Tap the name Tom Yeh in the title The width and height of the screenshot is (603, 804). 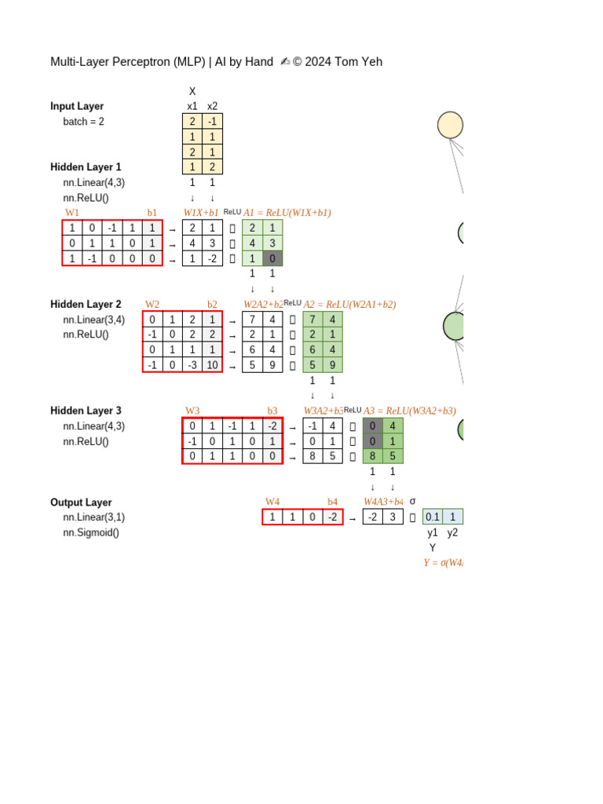click(x=358, y=62)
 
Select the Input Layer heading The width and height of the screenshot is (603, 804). click(x=77, y=106)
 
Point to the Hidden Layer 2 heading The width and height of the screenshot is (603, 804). click(x=86, y=304)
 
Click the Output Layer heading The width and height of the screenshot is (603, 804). click(x=81, y=502)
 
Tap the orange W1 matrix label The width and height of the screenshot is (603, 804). click(x=72, y=213)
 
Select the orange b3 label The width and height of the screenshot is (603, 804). click(x=272, y=411)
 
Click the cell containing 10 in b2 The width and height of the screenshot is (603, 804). click(x=212, y=365)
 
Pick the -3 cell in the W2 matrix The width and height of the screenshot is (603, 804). click(x=192, y=365)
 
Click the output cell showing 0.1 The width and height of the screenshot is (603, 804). click(x=433, y=517)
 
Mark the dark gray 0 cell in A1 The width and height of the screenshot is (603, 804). click(x=272, y=258)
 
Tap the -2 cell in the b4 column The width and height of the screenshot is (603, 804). click(x=333, y=517)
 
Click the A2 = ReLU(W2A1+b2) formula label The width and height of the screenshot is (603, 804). click(x=349, y=304)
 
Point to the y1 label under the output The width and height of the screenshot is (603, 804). click(x=433, y=532)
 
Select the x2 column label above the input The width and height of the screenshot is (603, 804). click(x=212, y=106)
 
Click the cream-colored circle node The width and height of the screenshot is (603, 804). click(x=450, y=126)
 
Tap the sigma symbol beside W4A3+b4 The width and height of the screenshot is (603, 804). click(x=413, y=501)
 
